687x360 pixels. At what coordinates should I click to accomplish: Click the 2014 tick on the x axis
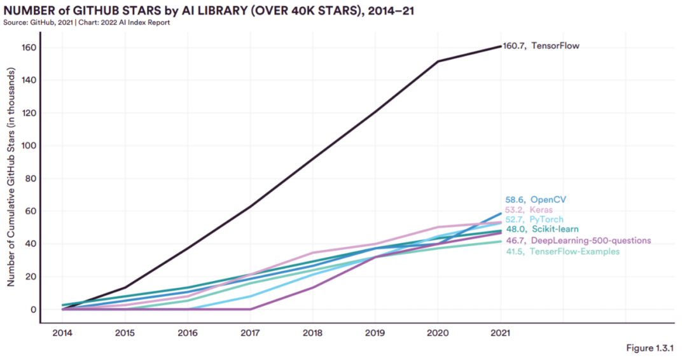pyautogui.click(x=62, y=333)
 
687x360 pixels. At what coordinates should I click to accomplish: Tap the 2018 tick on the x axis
pyautogui.click(x=313, y=333)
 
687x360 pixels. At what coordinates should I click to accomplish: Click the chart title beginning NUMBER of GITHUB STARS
pyautogui.click(x=209, y=11)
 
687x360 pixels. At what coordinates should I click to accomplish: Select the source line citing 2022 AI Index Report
pyautogui.click(x=87, y=23)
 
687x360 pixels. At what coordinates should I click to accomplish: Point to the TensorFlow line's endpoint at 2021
pyautogui.click(x=501, y=46)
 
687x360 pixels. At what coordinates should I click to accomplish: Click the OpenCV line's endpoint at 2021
pyautogui.click(x=501, y=214)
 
